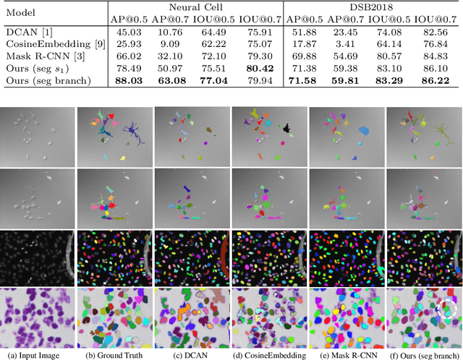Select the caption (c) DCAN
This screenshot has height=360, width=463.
tap(186, 354)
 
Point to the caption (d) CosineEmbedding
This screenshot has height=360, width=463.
tap(264, 354)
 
